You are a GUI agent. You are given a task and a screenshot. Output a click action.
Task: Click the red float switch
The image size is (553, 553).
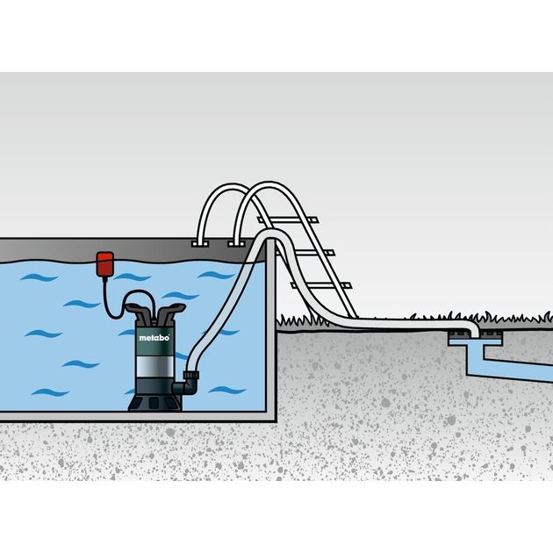104,264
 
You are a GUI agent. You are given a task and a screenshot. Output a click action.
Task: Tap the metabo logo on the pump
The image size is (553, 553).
154,338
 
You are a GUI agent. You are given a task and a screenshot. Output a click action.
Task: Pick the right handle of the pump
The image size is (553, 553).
170,313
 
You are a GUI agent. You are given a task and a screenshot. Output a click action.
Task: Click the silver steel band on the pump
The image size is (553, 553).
154,366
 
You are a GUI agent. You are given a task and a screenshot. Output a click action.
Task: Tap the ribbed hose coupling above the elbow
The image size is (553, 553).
191,375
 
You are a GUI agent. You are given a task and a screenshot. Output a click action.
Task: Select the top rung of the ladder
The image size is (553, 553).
287,220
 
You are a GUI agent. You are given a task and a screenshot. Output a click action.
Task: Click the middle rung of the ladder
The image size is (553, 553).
305,253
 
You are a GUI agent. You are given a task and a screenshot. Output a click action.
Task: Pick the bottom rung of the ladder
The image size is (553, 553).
321,285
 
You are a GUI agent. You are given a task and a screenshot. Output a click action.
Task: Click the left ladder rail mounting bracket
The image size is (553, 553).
200,244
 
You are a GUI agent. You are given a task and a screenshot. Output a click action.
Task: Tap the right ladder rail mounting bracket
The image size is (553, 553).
236,244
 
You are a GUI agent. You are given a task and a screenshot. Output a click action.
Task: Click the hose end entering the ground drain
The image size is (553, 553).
475,331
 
